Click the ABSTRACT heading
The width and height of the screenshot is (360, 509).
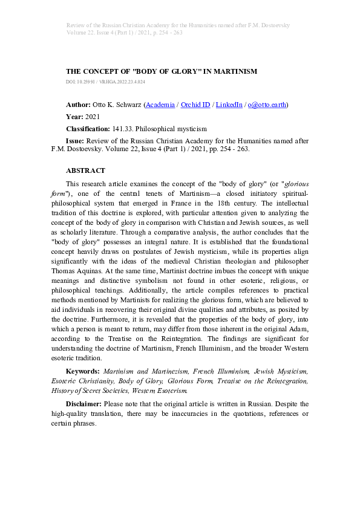click(85, 170)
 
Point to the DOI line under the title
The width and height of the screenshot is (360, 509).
click(105, 81)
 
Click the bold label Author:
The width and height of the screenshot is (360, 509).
click(79, 105)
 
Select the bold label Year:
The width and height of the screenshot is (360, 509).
click(75, 117)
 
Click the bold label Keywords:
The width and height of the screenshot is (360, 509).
click(82, 371)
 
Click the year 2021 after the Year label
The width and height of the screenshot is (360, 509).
click(93, 117)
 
